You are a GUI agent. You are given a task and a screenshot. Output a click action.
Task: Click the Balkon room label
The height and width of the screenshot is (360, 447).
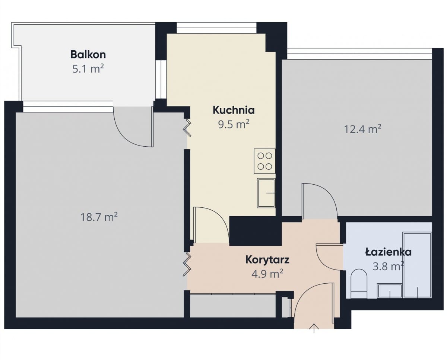coord(88,55)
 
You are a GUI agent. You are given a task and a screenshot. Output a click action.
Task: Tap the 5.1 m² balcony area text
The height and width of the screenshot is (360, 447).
coord(88,69)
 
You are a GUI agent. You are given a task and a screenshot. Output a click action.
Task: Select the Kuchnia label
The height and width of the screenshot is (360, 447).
coord(234,110)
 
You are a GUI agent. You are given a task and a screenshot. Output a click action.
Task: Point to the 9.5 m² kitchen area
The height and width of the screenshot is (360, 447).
coord(234,124)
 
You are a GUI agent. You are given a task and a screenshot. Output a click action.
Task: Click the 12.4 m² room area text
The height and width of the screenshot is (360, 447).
coord(362,129)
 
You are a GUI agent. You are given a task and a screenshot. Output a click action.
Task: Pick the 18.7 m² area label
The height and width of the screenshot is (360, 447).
coord(99,217)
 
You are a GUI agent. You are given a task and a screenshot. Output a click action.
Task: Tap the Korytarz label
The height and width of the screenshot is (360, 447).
coord(267,260)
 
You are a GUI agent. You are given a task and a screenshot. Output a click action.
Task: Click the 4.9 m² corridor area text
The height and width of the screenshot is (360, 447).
coord(267,274)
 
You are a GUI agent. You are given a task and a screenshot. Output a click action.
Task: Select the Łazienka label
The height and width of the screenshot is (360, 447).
coord(388,252)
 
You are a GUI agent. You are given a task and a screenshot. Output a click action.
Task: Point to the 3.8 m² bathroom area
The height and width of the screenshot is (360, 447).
coord(388,266)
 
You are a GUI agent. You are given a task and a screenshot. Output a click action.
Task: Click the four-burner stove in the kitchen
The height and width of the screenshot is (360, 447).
coord(264,161)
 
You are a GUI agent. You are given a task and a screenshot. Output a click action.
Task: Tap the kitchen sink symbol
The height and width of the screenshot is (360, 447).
coord(266,193)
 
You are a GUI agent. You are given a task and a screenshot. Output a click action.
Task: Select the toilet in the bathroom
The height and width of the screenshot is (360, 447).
coord(359,284)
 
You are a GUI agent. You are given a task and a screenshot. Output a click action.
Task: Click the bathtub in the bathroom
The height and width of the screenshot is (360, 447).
coord(417,265)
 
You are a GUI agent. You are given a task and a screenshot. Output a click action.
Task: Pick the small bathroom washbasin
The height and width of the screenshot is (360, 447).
coord(390,291)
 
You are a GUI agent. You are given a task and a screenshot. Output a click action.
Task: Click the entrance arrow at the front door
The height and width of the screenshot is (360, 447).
coord(314,328)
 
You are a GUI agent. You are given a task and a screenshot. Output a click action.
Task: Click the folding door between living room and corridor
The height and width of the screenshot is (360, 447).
coord(187,264)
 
